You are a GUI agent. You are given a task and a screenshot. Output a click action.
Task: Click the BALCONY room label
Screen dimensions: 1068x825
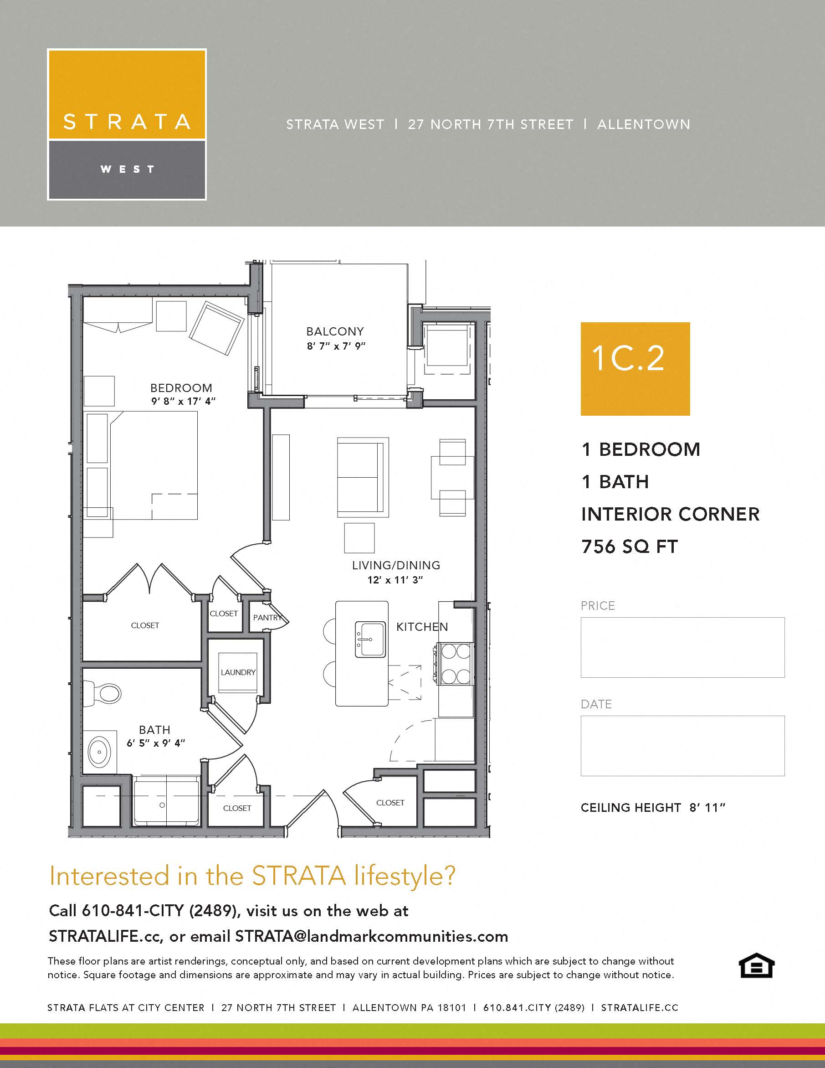point(335,331)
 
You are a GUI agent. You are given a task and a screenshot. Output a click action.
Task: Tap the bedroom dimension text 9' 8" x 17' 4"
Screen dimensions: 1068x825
point(183,401)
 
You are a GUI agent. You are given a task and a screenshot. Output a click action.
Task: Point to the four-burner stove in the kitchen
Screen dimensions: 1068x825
point(456,664)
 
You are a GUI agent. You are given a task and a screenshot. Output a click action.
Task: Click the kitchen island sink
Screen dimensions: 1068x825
point(370,639)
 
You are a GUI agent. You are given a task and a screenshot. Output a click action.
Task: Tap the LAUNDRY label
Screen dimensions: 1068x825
point(238,672)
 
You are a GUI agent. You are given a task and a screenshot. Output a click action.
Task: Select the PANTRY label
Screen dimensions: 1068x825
point(267,618)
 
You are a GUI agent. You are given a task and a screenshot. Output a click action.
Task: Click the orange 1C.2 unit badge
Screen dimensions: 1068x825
point(635,369)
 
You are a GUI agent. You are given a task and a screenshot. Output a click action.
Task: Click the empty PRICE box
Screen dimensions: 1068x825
point(682,647)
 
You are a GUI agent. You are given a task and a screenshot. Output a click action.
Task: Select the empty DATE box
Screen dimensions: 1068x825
point(682,746)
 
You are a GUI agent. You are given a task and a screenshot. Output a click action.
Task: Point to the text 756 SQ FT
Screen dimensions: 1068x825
point(630,546)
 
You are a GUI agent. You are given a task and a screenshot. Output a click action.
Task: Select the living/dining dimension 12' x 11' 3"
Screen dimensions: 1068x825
point(395,579)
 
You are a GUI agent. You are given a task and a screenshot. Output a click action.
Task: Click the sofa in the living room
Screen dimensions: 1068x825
point(363,477)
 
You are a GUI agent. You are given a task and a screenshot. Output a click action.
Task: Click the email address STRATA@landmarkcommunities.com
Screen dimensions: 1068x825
point(371,936)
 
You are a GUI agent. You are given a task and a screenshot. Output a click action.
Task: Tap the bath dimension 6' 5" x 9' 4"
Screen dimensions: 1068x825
point(156,743)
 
